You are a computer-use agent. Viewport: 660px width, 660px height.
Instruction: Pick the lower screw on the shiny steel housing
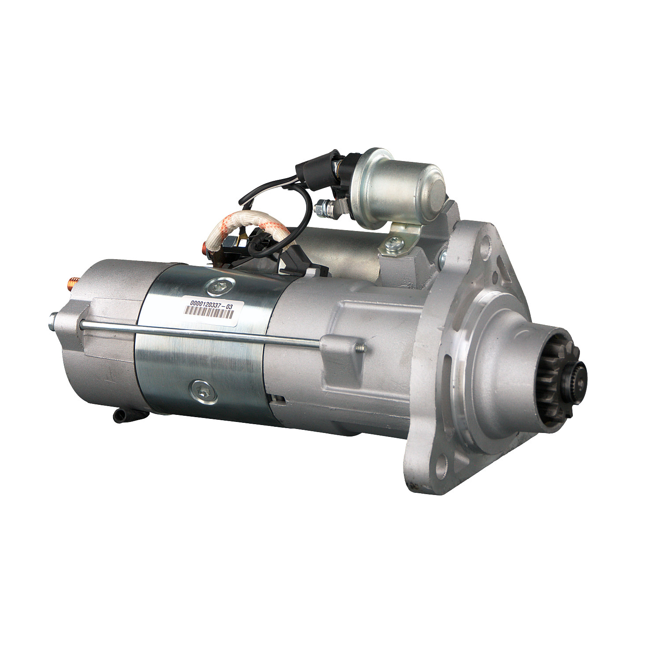point(204,391)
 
